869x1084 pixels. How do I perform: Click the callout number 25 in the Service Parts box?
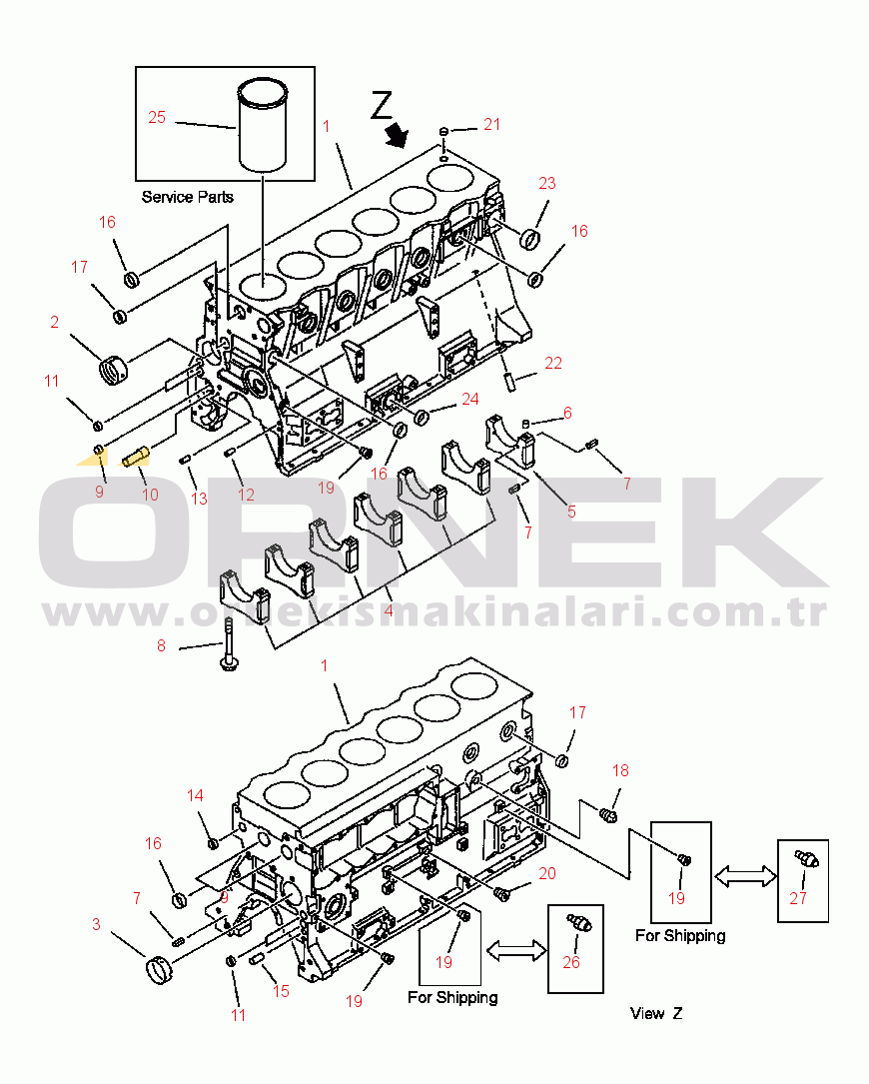[x=157, y=118]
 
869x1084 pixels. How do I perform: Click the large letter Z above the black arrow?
[x=383, y=104]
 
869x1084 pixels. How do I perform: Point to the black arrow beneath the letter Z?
[x=399, y=134]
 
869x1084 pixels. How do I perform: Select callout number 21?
[x=491, y=124]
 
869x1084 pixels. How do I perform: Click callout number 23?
[x=547, y=183]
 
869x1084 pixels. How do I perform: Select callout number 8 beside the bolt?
[x=161, y=646]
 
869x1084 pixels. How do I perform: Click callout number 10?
[x=149, y=494]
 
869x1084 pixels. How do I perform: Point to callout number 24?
[x=470, y=399]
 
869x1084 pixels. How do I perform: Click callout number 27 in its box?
[x=798, y=897]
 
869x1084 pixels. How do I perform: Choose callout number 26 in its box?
[x=571, y=963]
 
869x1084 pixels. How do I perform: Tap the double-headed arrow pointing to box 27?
[x=745, y=875]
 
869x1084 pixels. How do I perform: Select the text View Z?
[x=656, y=1013]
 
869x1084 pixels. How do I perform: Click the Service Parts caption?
[x=187, y=197]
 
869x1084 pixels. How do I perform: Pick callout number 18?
[x=621, y=770]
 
